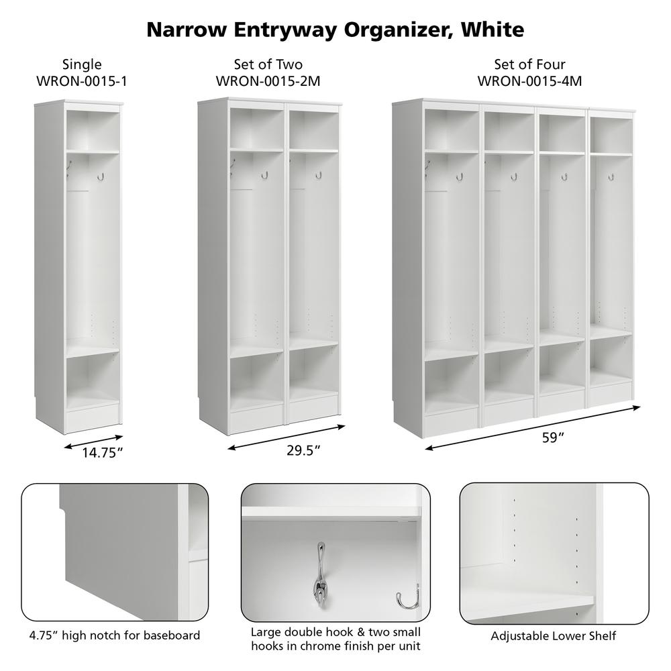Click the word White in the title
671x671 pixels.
click(x=491, y=30)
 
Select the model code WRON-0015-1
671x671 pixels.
click(x=82, y=81)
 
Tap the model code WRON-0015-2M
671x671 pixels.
click(x=268, y=81)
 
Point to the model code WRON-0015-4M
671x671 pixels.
click(x=529, y=81)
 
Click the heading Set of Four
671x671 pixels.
click(x=529, y=64)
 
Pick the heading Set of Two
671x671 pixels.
click(x=268, y=64)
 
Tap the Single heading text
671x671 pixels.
click(x=82, y=64)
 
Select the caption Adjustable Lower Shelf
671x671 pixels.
click(x=553, y=635)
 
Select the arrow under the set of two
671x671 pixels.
click(x=286, y=437)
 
